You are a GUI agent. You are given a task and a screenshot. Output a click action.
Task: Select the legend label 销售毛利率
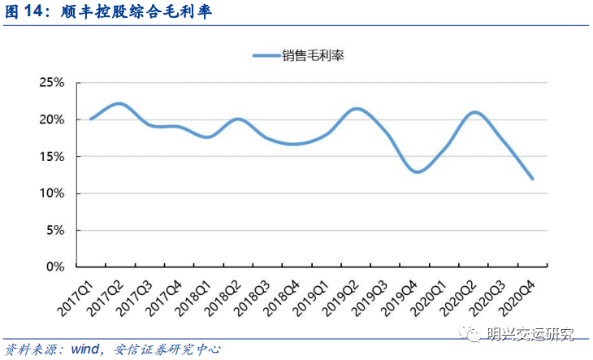tap(314, 55)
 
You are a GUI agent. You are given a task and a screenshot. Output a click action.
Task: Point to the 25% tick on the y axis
tap(52, 83)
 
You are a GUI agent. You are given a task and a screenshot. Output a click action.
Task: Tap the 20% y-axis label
tap(52, 119)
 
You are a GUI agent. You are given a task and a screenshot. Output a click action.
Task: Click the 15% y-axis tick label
tap(52, 156)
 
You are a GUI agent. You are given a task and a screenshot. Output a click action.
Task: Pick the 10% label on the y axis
tap(52, 193)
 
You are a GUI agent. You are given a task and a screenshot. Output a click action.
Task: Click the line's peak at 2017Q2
tap(119, 103)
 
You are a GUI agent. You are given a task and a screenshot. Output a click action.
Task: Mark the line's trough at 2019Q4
tap(416, 171)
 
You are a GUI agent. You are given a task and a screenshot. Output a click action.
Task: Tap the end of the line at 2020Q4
tap(533, 179)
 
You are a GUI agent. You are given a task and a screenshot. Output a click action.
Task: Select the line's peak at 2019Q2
tap(356, 108)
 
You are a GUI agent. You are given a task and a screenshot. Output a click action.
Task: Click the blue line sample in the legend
tap(266, 55)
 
